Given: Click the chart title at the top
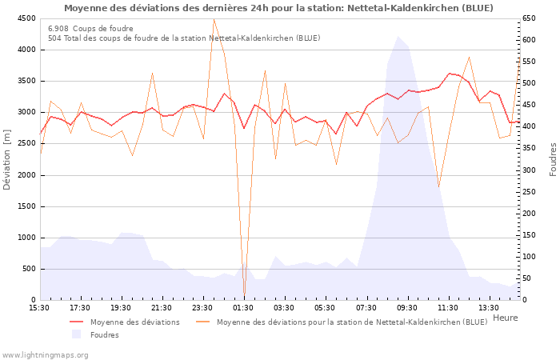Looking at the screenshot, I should tap(278, 8).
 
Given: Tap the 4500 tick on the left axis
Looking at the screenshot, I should tap(25, 18).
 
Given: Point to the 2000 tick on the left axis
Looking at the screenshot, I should tap(25, 175).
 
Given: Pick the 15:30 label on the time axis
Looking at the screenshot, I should tap(39, 307).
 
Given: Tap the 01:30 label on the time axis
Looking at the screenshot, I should tap(244, 307).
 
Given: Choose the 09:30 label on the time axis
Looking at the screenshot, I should tap(407, 307).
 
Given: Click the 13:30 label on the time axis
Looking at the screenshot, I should tap(489, 307).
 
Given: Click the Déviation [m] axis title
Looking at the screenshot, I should tap(7, 159).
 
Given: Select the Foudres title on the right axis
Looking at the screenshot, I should tap(553, 159).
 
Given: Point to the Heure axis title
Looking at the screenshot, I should tap(505, 318).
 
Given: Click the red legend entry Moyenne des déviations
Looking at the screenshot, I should tap(134, 322).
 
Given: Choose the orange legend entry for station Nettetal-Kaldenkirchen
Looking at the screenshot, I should tap(351, 322).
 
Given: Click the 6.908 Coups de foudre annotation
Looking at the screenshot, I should tap(90, 29).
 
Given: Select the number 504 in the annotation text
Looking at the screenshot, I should tap(54, 38).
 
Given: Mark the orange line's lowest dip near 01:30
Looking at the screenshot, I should tap(244, 294).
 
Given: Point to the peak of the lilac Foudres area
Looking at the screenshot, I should tap(398, 37).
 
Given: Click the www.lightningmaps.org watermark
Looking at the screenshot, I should tap(45, 354).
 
